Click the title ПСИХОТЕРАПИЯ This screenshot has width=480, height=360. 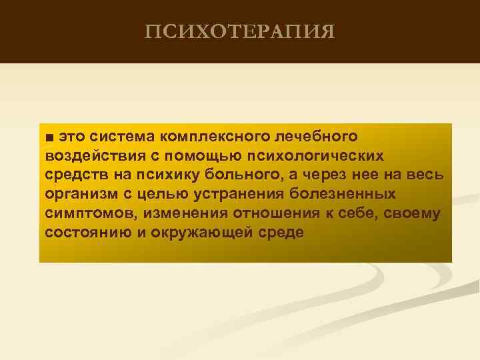pyautogui.click(x=239, y=31)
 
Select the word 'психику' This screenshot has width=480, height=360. pyautogui.click(x=169, y=175)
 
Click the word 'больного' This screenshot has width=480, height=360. pyautogui.click(x=243, y=175)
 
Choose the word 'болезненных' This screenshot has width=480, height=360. pyautogui.click(x=342, y=195)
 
